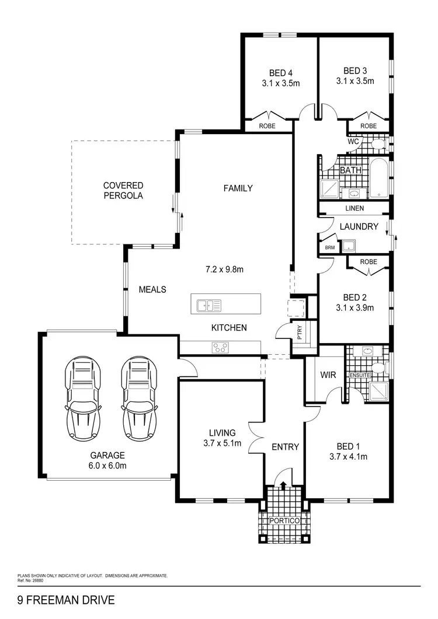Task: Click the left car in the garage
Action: [82, 400]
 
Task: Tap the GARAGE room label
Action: [107, 456]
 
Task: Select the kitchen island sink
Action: [209, 305]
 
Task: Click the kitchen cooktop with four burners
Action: [220, 347]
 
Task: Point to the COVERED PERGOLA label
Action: [123, 191]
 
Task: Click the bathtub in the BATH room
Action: [378, 177]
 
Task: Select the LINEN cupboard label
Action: [354, 208]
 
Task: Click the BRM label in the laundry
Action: [330, 247]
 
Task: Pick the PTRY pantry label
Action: [300, 333]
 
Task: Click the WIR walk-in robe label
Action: [328, 375]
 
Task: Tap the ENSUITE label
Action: [360, 375]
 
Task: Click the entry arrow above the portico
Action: [284, 484]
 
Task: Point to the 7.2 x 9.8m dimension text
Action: [224, 270]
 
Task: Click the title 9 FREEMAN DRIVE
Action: [66, 600]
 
